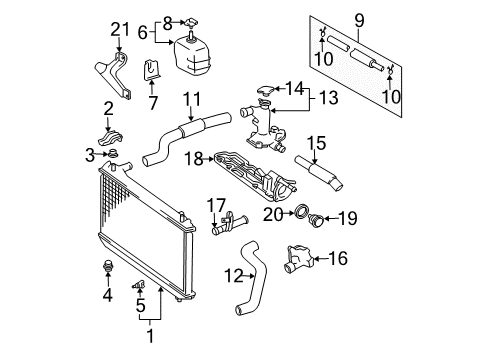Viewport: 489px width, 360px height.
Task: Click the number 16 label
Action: (x=338, y=258)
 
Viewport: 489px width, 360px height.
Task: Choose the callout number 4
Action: (x=107, y=296)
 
